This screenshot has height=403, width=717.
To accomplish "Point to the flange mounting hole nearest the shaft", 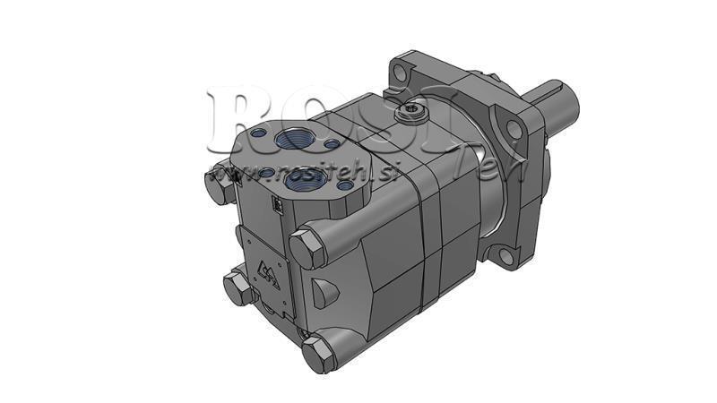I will tap(514, 128).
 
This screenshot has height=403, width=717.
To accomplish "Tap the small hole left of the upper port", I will tap(259, 133).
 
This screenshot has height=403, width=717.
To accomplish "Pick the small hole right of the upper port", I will tap(332, 143).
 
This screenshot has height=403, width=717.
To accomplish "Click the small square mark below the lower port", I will tap(278, 207).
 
